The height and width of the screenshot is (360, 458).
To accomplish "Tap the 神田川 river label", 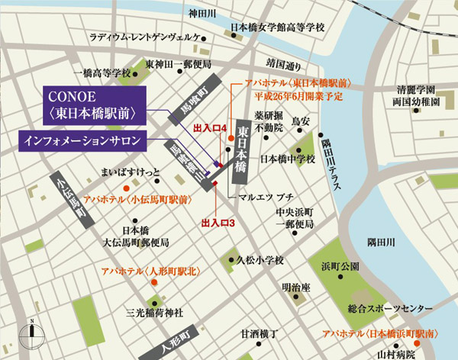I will [x=204, y=13].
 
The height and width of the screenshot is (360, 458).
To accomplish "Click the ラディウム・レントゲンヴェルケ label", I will [x=146, y=37].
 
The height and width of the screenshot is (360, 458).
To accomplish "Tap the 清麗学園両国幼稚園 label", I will [x=414, y=94].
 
